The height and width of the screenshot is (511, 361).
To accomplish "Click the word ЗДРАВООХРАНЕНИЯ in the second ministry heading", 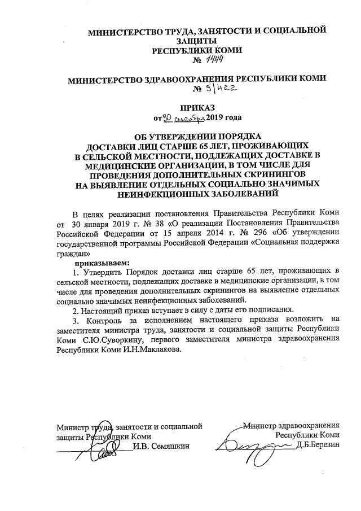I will point(205,80).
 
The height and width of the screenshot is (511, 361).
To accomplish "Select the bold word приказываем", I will point(104,263).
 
